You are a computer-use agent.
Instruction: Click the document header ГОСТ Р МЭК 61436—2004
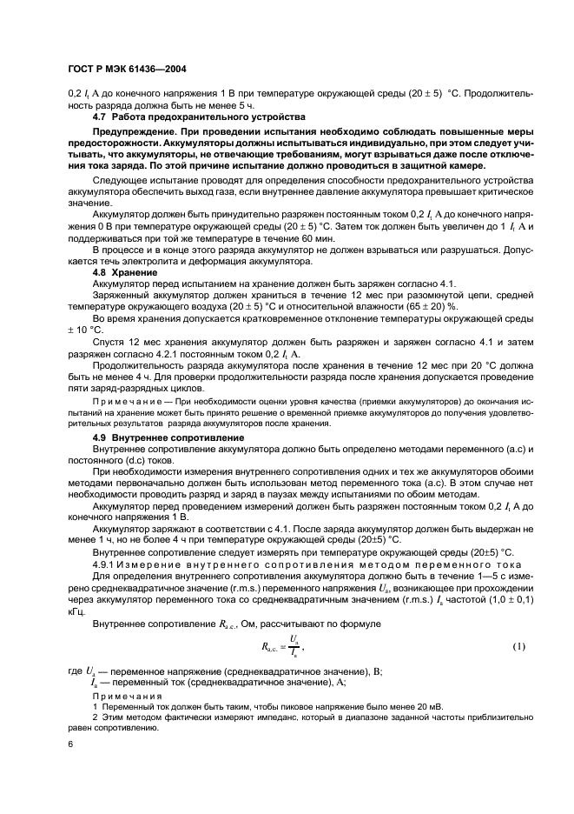128,68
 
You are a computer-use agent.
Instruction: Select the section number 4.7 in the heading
100,116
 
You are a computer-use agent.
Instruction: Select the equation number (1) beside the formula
518,645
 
